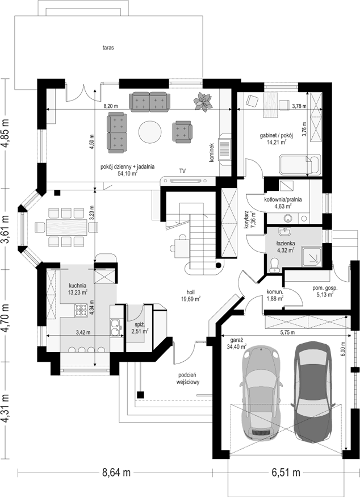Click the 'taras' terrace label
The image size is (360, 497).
tap(108, 48)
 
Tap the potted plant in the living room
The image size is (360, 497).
tap(203, 101)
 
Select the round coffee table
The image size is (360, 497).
tap(149, 132)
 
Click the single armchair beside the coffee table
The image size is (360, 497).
tap(182, 131)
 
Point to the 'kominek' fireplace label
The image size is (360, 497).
tap(212, 152)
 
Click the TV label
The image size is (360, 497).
tap(182, 171)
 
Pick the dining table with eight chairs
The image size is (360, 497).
tap(66, 227)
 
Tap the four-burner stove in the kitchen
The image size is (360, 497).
tap(81, 310)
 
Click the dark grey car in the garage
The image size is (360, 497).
tap(313, 392)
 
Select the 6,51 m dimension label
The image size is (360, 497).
tap(286, 473)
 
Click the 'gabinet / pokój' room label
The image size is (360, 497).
tap(277, 136)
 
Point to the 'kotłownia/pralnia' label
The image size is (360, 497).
tap(283, 200)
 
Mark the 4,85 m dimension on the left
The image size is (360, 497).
tap(6, 133)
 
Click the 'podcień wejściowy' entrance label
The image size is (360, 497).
tap(188, 379)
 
